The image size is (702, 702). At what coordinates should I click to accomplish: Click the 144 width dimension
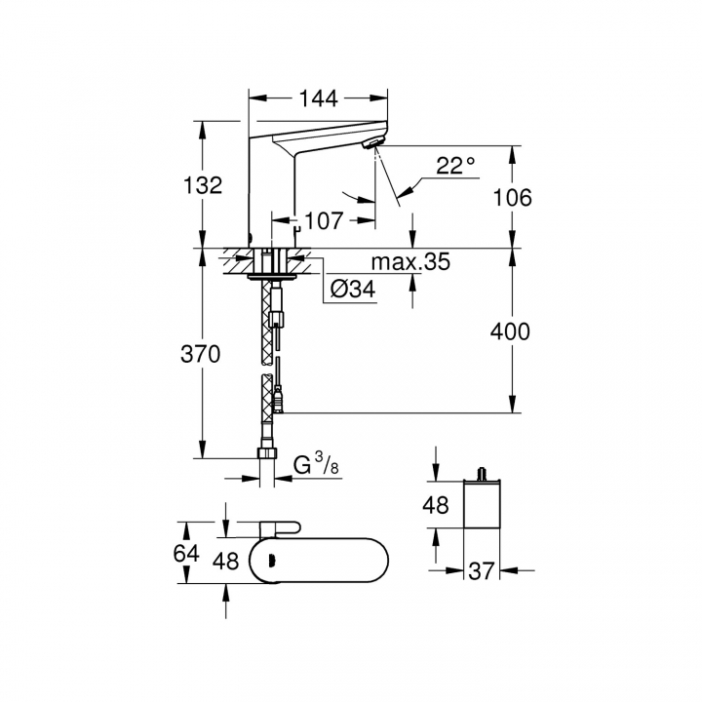318,98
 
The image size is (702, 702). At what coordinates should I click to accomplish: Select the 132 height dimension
203,185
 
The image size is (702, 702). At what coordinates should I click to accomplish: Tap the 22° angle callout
455,165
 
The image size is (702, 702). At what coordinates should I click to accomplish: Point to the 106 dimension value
512,197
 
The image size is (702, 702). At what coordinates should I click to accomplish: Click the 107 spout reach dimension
324,220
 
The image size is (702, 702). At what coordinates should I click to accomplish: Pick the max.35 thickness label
410,261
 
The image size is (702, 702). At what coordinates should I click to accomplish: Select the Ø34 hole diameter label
353,290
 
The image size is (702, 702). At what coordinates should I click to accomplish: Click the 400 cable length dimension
510,331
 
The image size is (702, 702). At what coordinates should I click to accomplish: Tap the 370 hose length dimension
201,354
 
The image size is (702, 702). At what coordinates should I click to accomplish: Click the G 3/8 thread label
316,463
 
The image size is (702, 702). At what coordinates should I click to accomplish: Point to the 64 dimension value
186,554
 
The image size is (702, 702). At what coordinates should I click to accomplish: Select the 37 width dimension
482,571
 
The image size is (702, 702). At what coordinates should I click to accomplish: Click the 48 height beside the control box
436,505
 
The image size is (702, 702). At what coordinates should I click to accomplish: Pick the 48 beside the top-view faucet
225,561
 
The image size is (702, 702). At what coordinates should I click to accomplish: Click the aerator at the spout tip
372,143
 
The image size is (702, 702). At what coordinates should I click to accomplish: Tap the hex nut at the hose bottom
268,452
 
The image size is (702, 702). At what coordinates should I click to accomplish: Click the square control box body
482,504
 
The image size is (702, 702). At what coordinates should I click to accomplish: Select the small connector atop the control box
483,474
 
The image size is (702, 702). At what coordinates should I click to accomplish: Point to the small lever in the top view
280,529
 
